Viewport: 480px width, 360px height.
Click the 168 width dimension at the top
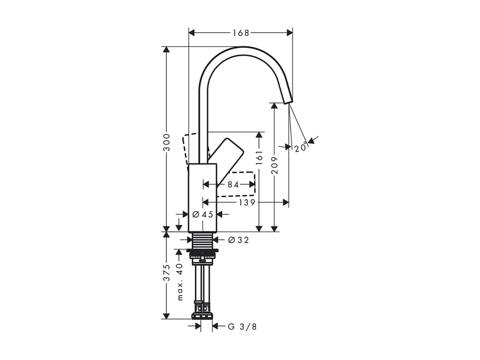tap(241, 32)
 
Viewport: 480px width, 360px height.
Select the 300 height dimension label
tap(167, 142)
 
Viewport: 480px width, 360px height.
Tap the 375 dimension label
tap(167, 272)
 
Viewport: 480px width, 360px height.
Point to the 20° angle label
tap(301, 148)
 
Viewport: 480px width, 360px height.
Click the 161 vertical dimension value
tap(259, 158)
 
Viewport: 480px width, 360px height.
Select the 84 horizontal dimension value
tap(233, 184)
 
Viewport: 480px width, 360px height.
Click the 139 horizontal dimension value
tap(247, 202)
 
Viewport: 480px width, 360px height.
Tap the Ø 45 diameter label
tap(203, 214)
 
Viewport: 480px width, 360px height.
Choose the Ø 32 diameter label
tap(238, 240)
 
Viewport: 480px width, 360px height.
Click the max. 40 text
tap(179, 282)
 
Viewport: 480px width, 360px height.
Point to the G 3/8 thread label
tap(242, 327)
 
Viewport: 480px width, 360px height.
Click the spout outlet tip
tap(288, 100)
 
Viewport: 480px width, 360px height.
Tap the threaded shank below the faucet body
tap(203, 241)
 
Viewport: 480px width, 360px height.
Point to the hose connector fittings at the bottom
tap(202, 310)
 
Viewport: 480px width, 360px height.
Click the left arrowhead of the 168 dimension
tap(192, 32)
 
